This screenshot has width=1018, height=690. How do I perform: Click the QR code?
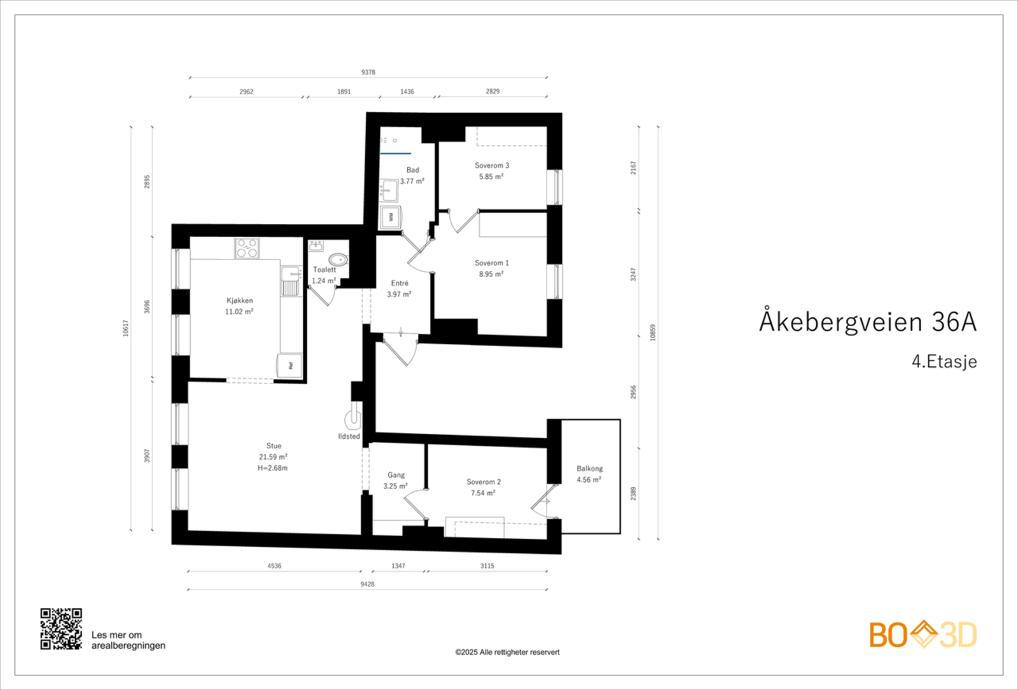coord(61,628)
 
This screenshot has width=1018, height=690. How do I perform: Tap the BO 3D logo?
coord(923,635)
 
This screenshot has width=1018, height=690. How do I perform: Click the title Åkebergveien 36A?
coord(867,322)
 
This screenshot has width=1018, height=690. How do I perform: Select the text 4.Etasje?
coord(944,362)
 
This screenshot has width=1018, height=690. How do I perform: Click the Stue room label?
coord(274,446)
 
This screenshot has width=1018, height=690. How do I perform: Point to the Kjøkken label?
coord(239,300)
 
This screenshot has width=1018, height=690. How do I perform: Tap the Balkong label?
coord(589,469)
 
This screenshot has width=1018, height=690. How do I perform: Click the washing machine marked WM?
coord(390,217)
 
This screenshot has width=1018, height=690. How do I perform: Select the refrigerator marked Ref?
coord(289,365)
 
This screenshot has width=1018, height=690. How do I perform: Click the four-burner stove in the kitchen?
coord(247,248)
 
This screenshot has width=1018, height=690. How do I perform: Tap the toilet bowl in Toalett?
coord(338,259)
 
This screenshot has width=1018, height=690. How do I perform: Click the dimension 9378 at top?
coord(368,72)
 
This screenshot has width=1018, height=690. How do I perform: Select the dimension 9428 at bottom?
coord(367,584)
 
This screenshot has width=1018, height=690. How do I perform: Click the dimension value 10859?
coord(652,333)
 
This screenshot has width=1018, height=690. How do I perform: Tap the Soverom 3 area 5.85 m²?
coord(491,177)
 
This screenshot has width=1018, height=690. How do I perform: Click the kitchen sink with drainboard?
coord(291,280)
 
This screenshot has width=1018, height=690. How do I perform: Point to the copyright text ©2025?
coord(507,652)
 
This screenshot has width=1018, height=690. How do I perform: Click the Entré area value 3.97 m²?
coord(399,294)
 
